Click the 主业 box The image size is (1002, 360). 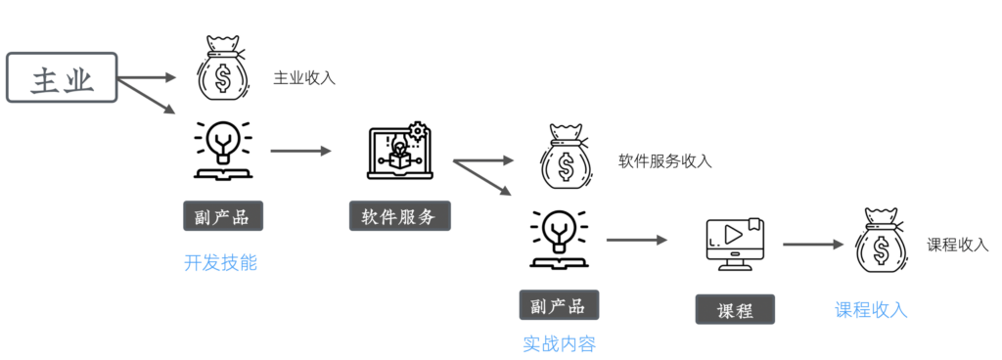pyautogui.click(x=62, y=77)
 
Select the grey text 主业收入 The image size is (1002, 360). pyautogui.click(x=304, y=78)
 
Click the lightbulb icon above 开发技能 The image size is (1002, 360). pyautogui.click(x=224, y=150)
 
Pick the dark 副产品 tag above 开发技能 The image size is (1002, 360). pyautogui.click(x=223, y=216)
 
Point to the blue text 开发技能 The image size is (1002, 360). pyautogui.click(x=220, y=262)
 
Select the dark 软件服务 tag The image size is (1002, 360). pyautogui.click(x=399, y=216)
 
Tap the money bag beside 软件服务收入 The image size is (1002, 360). pyautogui.click(x=565, y=158)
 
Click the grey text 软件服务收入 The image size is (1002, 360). pyautogui.click(x=664, y=161)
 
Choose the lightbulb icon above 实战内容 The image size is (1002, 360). pyautogui.click(x=560, y=239)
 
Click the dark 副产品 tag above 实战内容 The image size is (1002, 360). pyautogui.click(x=559, y=305)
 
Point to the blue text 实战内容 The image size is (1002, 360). pyautogui.click(x=559, y=344)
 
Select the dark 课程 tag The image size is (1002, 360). pyautogui.click(x=735, y=309)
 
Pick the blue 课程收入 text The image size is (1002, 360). pyautogui.click(x=871, y=309)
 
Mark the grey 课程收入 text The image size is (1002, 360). pyautogui.click(x=958, y=246)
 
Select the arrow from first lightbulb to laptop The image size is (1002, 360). pyautogui.click(x=301, y=152)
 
